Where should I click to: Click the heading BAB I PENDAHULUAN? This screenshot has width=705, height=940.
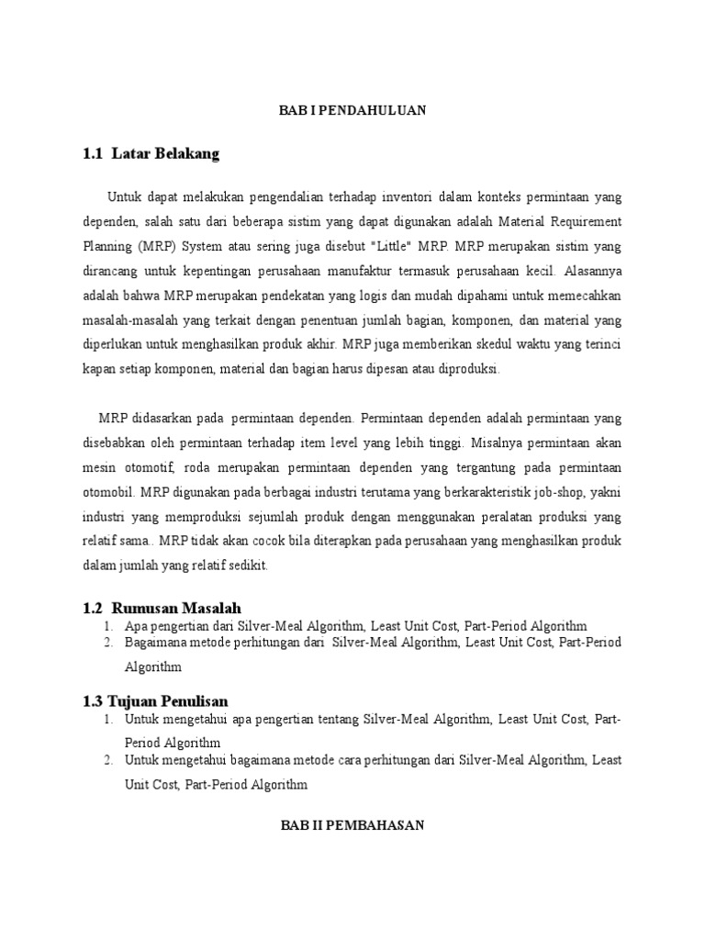coord(352,111)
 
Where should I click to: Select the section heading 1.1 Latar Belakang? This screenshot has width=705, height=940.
coord(151,154)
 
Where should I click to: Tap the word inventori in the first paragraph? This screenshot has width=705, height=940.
coord(402,197)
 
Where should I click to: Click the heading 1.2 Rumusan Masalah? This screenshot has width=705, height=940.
coord(162,609)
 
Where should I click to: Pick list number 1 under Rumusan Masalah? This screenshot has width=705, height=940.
coord(108,627)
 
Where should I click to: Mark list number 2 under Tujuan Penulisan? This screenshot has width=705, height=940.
coord(108,760)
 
